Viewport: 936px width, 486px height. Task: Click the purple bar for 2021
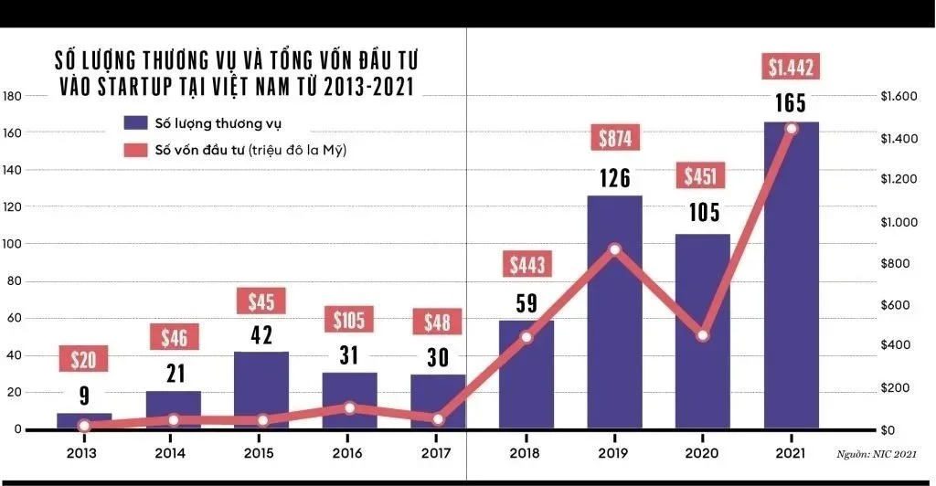coord(791,274)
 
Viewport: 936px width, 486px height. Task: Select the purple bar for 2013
coord(84,421)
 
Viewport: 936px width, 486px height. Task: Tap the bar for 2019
coord(614,311)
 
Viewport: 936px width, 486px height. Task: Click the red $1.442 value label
coord(791,67)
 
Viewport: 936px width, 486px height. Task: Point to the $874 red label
coord(614,138)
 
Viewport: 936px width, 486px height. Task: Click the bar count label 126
coord(614,176)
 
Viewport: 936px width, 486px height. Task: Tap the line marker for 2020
coord(702,335)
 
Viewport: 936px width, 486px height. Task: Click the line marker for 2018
coord(526,337)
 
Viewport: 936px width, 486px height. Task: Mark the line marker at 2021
coord(791,129)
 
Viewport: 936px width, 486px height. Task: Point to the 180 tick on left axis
coord(12,96)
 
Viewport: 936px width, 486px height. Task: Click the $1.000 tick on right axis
coord(900,222)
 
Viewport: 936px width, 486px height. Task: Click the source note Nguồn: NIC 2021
coord(877,453)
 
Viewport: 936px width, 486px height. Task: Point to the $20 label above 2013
coord(84,358)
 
